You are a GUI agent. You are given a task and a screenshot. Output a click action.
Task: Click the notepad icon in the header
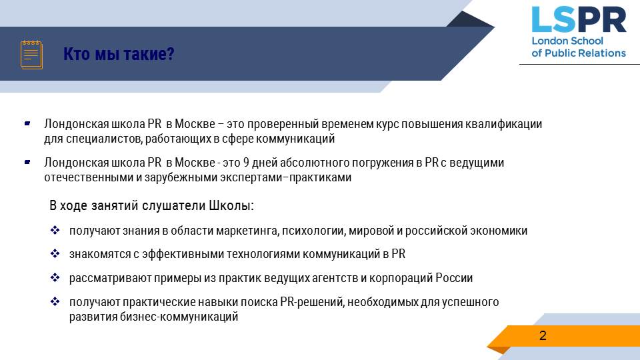(x=31, y=55)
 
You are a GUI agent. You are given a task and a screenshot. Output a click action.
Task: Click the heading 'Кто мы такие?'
(x=119, y=54)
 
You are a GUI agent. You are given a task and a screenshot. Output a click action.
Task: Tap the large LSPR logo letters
(x=579, y=19)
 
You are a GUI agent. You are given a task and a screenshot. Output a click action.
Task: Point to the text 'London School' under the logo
(x=567, y=41)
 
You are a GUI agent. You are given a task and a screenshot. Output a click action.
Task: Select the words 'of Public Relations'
(x=579, y=53)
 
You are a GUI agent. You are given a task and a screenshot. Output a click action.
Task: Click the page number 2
(x=543, y=335)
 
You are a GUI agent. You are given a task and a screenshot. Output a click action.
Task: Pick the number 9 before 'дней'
(x=246, y=163)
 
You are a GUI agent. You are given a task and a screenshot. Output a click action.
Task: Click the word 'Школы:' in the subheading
(x=231, y=205)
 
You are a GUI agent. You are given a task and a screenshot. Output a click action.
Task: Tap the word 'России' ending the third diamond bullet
(x=454, y=278)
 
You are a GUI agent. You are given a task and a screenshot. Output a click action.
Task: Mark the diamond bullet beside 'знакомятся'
(x=55, y=254)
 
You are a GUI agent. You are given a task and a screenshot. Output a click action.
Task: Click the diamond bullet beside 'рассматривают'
(x=55, y=277)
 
